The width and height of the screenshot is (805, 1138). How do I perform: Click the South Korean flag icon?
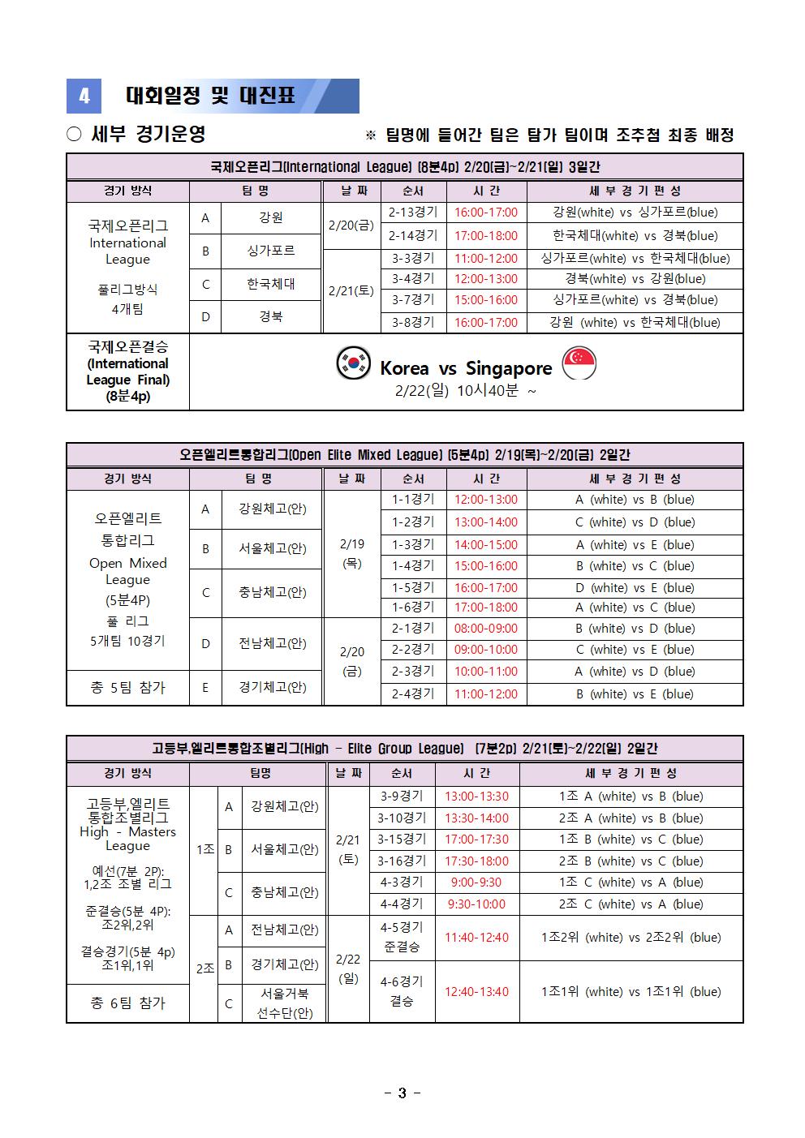coord(354,363)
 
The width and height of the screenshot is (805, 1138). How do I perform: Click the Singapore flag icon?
coord(579,363)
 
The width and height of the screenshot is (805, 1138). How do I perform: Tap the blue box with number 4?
coord(84,97)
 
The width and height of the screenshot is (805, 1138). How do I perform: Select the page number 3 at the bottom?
coord(402,1093)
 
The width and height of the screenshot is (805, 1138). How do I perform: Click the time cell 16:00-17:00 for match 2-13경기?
coord(485,213)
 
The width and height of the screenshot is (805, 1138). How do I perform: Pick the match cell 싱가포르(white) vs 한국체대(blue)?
coord(635,258)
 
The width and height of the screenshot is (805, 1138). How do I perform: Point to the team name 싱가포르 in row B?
coord(271,251)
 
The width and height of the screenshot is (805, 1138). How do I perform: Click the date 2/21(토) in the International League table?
coord(351,290)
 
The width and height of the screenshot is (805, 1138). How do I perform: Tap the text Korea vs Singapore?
coord(466,368)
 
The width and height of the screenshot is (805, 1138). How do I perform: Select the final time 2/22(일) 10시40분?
coord(466,391)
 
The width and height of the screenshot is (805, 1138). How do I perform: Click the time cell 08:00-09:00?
coord(485,628)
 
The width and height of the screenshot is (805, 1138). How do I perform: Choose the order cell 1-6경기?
coord(413,608)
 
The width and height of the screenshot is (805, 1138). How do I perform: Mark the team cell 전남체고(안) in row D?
coord(272,643)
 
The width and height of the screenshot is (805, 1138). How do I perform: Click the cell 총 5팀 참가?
coord(127,688)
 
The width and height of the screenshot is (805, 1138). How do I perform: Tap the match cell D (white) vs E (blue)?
coord(635,587)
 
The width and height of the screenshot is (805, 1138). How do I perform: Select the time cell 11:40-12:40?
coord(476,938)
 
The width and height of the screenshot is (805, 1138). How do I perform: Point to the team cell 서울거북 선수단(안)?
coord(285,1003)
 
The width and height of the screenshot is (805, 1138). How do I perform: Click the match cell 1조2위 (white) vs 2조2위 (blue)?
coord(631,938)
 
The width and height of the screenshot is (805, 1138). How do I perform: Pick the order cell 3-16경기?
coord(402,861)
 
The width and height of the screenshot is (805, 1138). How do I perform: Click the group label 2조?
coord(205,968)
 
